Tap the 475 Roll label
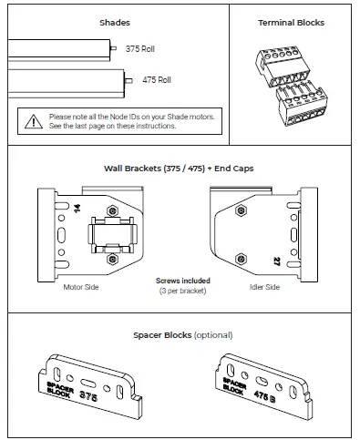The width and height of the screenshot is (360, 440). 156,80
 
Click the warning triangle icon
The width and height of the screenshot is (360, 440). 32,120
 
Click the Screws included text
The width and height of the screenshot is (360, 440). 182,281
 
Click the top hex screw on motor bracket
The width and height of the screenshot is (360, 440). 112,201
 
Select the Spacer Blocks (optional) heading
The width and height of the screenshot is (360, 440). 180,335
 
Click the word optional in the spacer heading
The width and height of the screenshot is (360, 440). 211,335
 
